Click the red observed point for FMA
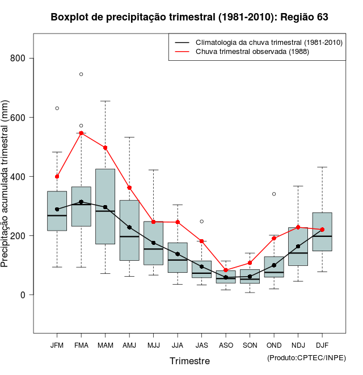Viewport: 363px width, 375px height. click(81, 133)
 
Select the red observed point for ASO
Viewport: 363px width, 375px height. click(226, 270)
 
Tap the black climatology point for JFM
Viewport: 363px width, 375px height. click(57, 209)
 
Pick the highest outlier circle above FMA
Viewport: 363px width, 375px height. click(81, 74)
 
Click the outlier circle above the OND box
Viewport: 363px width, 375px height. click(274, 194)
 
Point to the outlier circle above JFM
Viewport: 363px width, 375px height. click(57, 108)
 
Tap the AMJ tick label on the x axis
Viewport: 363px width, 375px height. click(129, 345)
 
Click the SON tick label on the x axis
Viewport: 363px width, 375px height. click(250, 345)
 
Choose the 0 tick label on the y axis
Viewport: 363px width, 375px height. click(23, 295)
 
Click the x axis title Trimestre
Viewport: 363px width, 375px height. click(189, 361)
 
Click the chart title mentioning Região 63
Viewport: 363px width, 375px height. click(189, 17)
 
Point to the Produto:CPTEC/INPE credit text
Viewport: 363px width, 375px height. click(306, 357)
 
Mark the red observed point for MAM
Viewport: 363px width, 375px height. click(105, 148)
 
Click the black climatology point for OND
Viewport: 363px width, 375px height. click(274, 265)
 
